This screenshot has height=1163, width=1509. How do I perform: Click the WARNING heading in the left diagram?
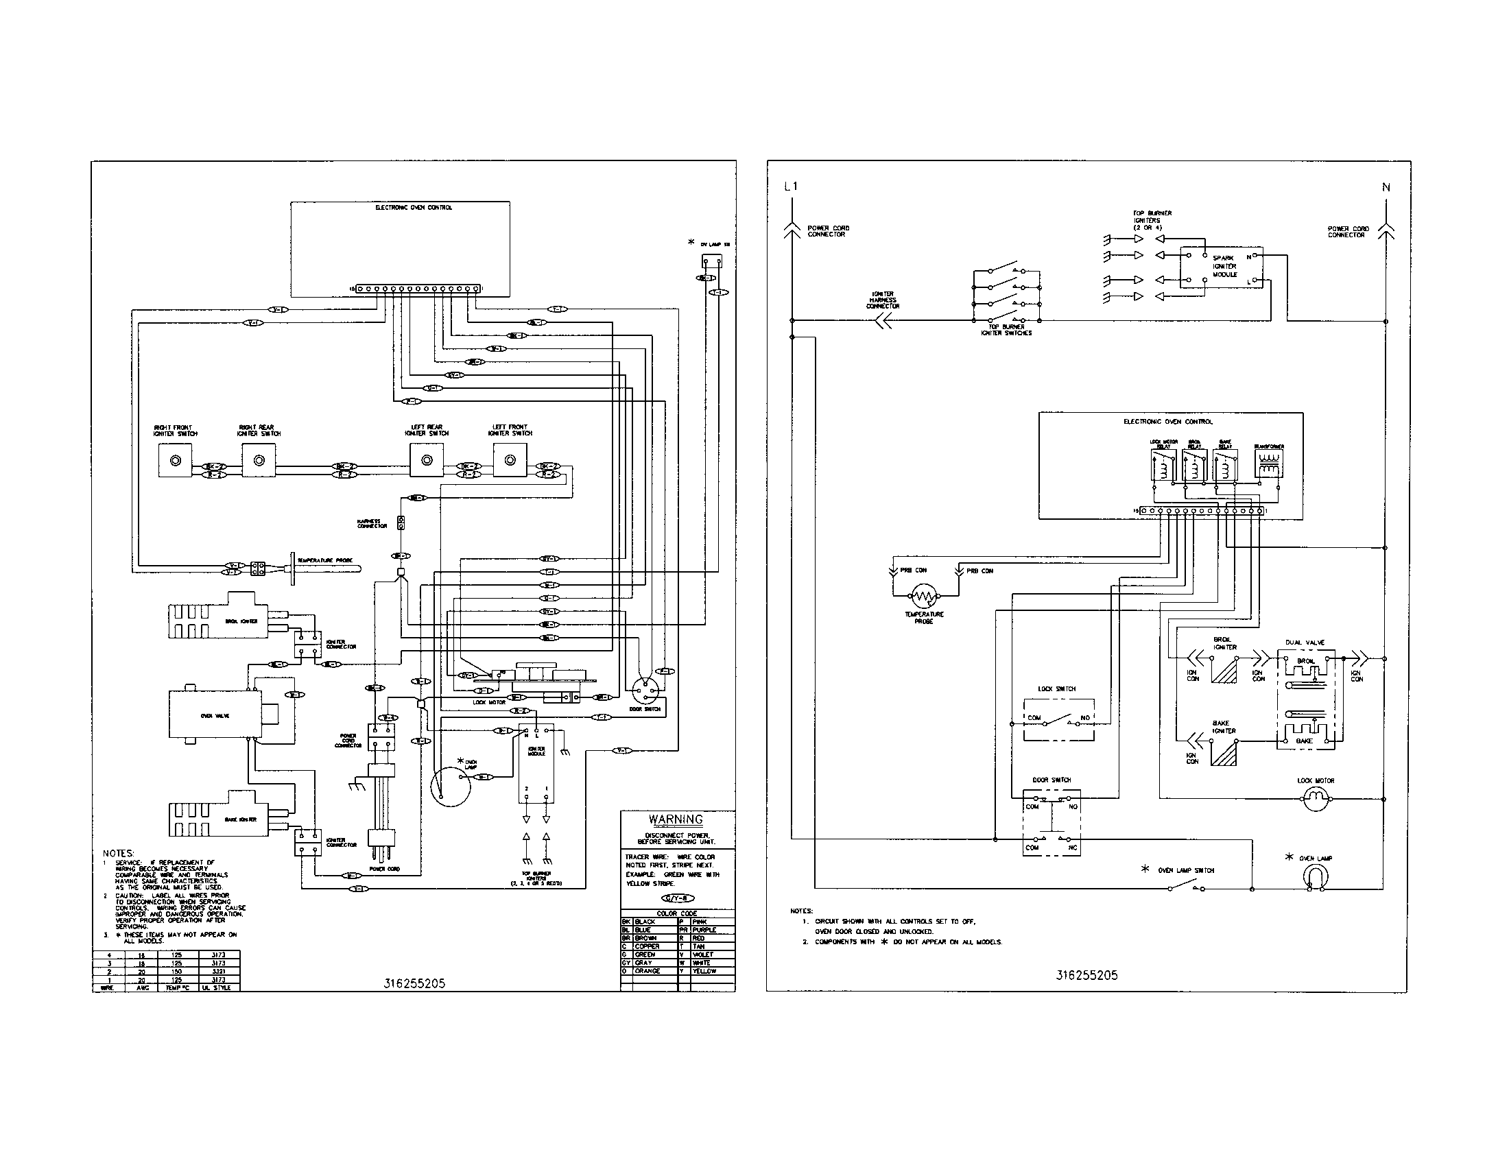point(675,819)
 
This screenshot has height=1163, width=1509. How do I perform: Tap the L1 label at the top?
point(791,187)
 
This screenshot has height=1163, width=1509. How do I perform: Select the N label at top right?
point(1386,187)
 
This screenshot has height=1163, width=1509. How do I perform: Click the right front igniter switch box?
point(176,460)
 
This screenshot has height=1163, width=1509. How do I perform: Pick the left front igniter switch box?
point(510,460)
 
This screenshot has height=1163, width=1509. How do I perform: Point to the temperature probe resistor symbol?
point(924,595)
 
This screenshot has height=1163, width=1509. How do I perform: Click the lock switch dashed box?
point(1058,720)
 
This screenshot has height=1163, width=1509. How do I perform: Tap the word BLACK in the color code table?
point(645,922)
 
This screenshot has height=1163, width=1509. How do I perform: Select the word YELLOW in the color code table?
point(704,971)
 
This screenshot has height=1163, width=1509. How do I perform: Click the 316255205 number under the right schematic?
point(1086,976)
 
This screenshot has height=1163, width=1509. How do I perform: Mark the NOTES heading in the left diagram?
point(119,854)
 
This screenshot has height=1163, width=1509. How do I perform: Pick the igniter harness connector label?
point(883,300)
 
